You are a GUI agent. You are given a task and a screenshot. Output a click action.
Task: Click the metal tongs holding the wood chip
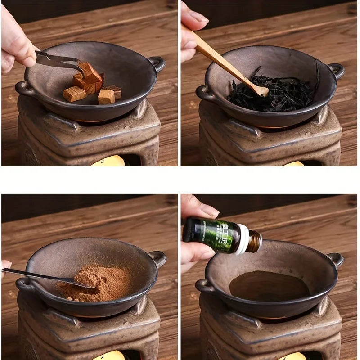[x=58, y=61]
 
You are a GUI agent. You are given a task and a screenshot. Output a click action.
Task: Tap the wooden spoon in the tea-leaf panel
[x=225, y=63]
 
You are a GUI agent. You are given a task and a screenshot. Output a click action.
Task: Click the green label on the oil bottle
[x=216, y=235]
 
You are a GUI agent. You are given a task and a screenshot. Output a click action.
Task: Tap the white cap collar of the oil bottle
[x=243, y=239]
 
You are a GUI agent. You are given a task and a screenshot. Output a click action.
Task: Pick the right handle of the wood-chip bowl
[x=157, y=63]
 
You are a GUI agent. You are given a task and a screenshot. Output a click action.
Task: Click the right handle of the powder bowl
[x=158, y=258]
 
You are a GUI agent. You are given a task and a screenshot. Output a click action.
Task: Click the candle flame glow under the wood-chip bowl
[x=108, y=161]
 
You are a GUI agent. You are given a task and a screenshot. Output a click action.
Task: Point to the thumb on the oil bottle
[x=198, y=209]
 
